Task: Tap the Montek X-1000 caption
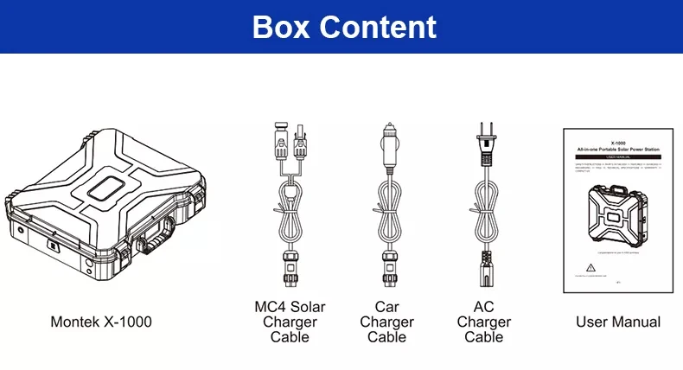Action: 100,322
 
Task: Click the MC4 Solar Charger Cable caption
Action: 290,322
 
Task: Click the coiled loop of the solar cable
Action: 290,213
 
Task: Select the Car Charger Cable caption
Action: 386,322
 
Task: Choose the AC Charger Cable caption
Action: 483,322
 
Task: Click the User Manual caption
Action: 618,322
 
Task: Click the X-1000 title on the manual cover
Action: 617,144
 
